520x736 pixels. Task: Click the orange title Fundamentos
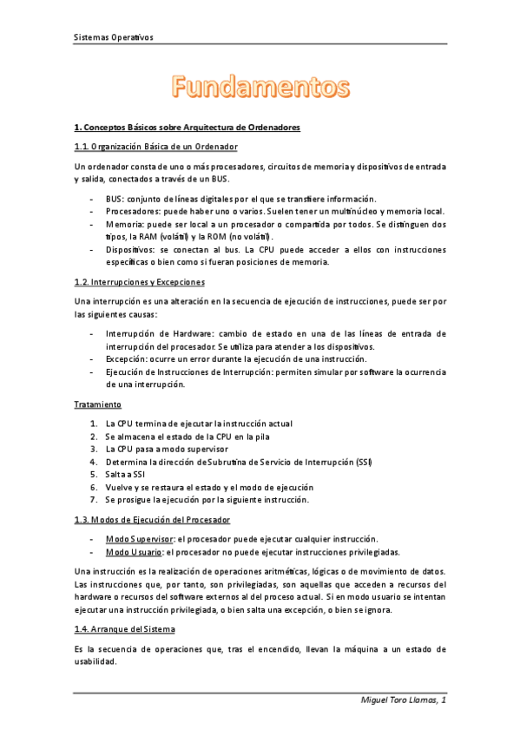pos(260,88)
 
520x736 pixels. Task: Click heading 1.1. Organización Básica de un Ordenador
pos(156,147)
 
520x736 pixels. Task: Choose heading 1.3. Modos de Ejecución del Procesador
pos(153,520)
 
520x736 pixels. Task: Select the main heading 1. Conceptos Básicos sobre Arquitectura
pos(188,128)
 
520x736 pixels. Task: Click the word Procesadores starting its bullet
pos(129,211)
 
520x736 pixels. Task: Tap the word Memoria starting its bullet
pos(123,224)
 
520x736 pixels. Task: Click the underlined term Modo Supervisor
pos(133,538)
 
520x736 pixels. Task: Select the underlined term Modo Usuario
pos(128,551)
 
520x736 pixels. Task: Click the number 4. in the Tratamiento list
pos(94,462)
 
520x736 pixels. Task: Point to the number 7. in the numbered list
pos(94,501)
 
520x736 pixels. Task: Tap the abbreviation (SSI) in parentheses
pos(364,462)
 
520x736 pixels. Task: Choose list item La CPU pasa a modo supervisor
pos(167,449)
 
